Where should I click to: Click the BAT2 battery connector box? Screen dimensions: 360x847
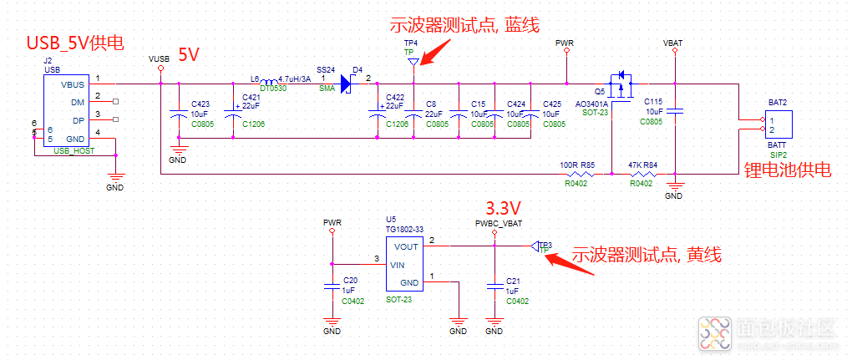[x=778, y=125]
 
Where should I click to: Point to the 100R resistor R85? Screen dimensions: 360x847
[x=581, y=174]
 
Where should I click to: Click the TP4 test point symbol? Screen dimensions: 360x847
[x=410, y=61]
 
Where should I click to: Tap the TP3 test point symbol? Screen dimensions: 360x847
[x=535, y=246]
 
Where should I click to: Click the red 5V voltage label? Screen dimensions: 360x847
[x=188, y=56]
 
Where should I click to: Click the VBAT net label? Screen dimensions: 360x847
[x=672, y=42]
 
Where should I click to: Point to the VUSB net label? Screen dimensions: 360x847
[x=159, y=59]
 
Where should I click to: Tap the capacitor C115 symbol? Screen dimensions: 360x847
[x=677, y=111]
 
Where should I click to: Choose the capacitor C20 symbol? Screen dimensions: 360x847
[x=333, y=286]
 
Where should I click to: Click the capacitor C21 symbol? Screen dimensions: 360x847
[x=495, y=286]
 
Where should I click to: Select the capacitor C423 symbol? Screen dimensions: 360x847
[x=177, y=114]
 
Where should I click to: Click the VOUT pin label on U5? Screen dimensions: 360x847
[x=406, y=246]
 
